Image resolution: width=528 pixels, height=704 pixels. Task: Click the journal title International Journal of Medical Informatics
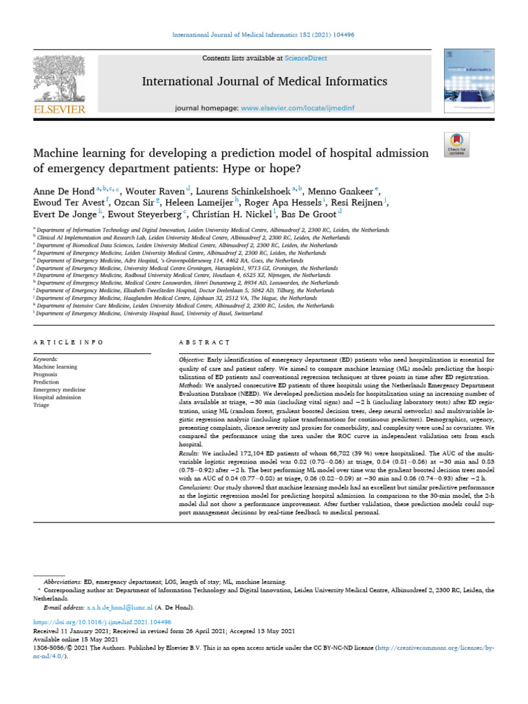[264, 82]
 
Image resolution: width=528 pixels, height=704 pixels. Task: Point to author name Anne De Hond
[63, 189]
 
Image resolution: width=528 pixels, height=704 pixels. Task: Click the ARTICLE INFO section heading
[69, 342]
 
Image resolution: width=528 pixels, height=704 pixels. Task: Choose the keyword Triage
[41, 406]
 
